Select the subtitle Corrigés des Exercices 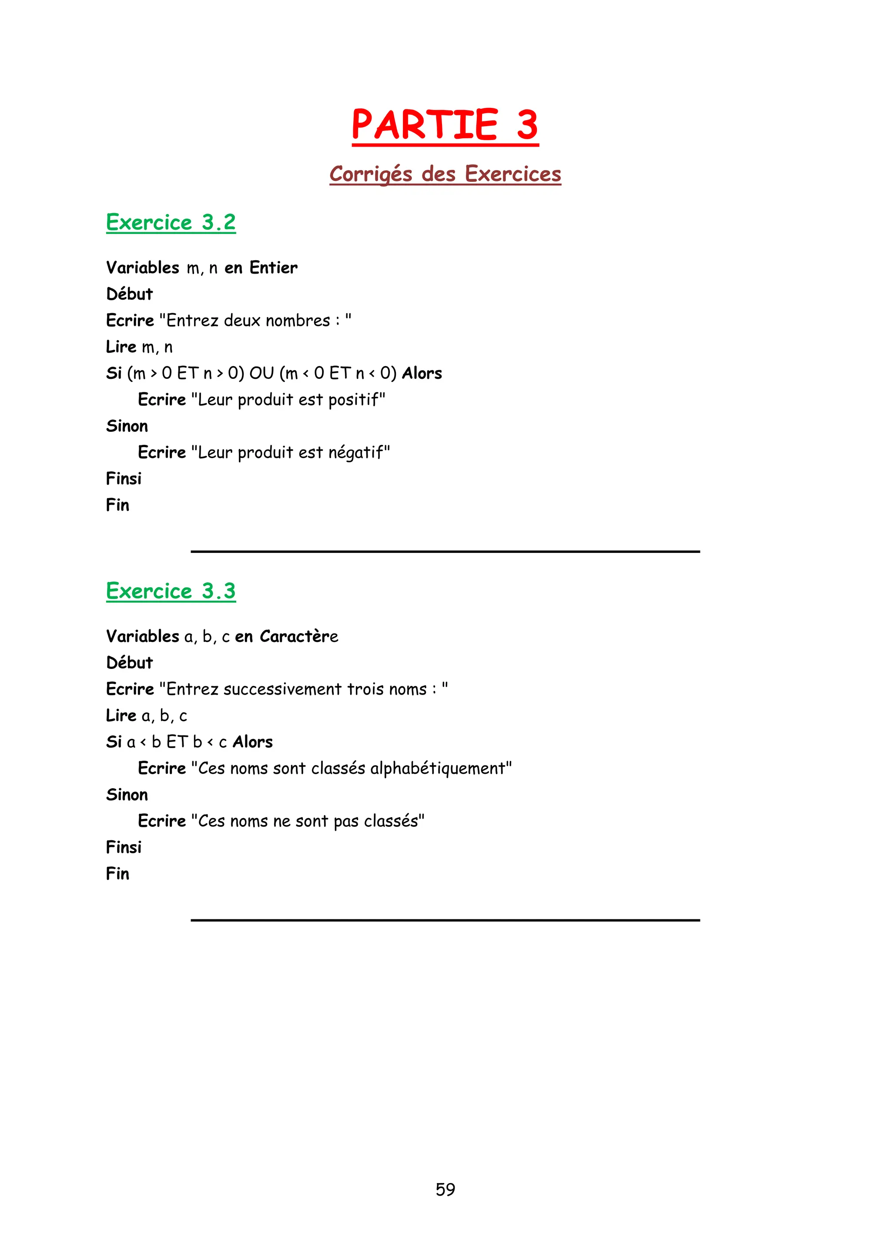click(x=445, y=174)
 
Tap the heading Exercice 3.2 click(x=171, y=222)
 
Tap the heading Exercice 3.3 click(x=171, y=591)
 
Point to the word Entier click(x=273, y=268)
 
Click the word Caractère click(x=298, y=637)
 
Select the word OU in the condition click(x=261, y=373)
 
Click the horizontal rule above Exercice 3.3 click(x=445, y=551)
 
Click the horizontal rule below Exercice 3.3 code click(x=445, y=920)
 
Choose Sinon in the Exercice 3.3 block click(x=127, y=795)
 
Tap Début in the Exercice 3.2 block click(x=130, y=294)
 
